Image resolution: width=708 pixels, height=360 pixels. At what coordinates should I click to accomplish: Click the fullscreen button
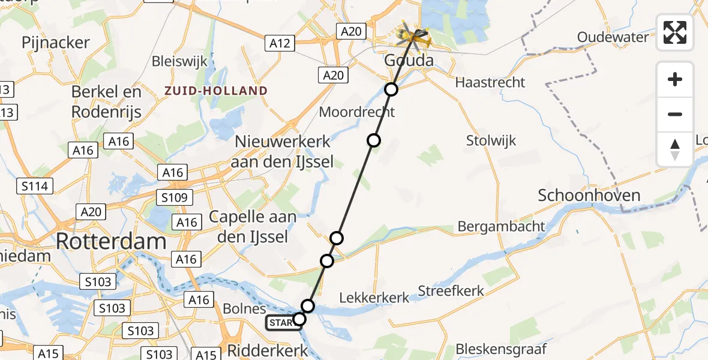[x=675, y=32]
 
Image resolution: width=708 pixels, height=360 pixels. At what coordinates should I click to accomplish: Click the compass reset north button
[x=675, y=149]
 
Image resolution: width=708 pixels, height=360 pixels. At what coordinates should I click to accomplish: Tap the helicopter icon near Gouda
[x=415, y=35]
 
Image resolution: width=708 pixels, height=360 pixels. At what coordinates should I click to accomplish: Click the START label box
[x=281, y=323]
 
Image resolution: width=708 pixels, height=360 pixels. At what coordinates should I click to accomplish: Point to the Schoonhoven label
[x=589, y=195]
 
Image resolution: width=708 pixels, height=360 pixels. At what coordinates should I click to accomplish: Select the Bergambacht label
[x=501, y=227]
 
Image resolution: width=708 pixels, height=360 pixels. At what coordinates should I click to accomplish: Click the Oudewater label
[x=613, y=37]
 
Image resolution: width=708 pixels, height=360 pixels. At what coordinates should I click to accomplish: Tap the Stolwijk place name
[x=491, y=141]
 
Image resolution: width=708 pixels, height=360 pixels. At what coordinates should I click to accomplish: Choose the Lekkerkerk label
[x=374, y=297]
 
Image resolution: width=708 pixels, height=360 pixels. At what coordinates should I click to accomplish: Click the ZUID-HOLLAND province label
[x=217, y=91]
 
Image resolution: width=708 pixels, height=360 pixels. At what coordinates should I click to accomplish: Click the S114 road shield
[x=34, y=187]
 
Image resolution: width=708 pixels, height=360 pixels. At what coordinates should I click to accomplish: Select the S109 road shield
[x=174, y=197]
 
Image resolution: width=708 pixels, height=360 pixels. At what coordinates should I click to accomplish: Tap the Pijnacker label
[x=55, y=43]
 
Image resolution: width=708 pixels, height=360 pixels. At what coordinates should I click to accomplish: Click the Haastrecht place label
[x=490, y=82]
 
